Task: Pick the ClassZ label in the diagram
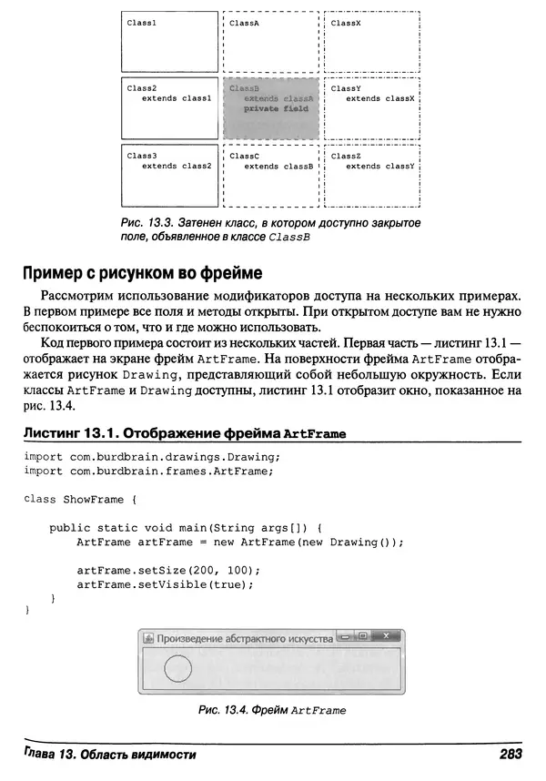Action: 346,156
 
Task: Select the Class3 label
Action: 142,156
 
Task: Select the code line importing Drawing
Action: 150,456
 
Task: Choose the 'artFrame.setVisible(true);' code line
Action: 164,584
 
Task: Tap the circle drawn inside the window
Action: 177,670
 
